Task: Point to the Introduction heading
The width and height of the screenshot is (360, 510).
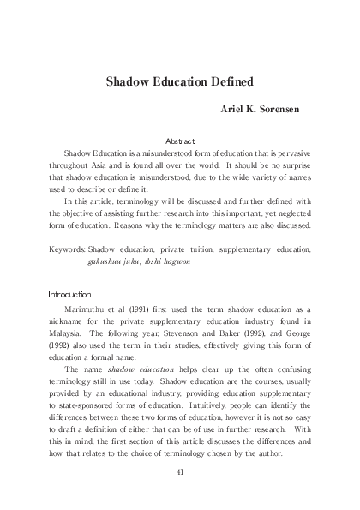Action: click(x=69, y=294)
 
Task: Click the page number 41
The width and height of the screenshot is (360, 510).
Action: click(x=180, y=471)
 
